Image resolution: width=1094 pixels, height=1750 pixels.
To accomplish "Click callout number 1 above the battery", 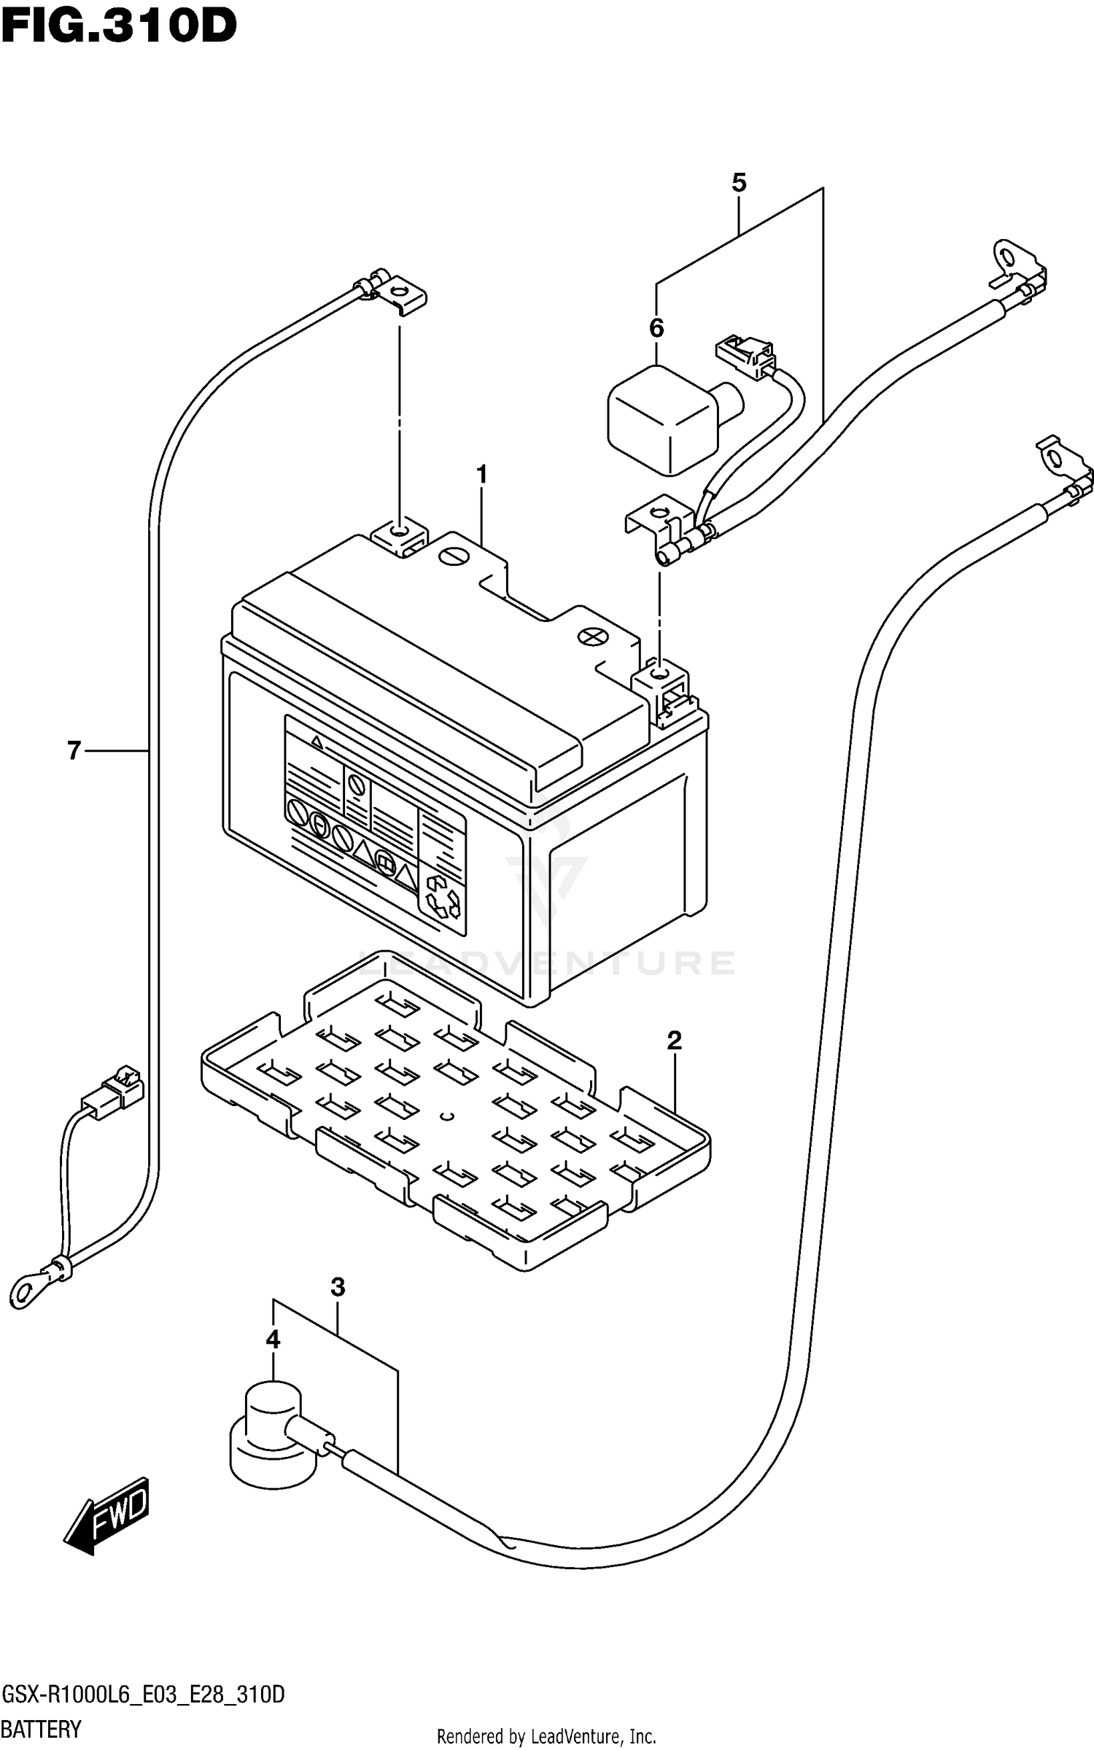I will point(481,475).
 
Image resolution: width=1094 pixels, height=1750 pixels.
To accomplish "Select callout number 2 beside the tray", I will point(674,1041).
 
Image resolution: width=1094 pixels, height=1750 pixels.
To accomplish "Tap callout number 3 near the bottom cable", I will point(337,1287).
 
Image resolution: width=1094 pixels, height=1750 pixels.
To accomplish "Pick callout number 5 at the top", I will point(739,183).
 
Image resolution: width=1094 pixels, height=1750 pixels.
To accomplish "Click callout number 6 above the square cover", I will point(656,329).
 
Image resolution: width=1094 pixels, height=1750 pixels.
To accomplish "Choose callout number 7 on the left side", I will point(74,750).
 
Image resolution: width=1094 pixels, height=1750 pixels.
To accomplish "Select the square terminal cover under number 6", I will point(662,419).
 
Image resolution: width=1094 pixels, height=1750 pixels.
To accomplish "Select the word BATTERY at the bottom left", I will point(42,1729).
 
